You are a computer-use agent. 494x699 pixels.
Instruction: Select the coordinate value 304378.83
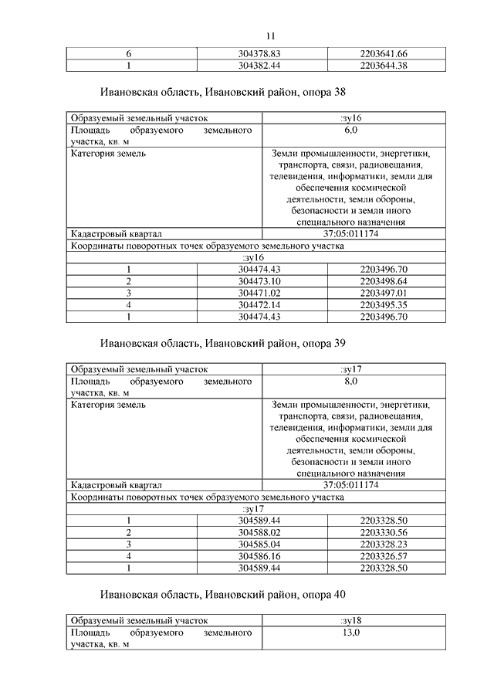[x=259, y=53]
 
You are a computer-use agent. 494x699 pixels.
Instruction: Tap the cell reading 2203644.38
[x=383, y=66]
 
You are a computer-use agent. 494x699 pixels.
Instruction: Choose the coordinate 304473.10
[x=259, y=280]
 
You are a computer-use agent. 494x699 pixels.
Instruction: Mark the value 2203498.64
[x=383, y=280]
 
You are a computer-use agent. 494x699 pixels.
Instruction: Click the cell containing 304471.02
[x=259, y=293]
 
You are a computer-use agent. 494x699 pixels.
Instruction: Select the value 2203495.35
[x=383, y=305]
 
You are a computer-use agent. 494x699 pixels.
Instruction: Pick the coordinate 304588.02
[x=259, y=532]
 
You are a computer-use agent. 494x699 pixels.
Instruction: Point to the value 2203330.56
[x=383, y=532]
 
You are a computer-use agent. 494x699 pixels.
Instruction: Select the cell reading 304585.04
[x=259, y=544]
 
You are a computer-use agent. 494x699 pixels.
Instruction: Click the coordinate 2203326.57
[x=383, y=556]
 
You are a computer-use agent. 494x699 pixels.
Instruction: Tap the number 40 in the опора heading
[x=337, y=595]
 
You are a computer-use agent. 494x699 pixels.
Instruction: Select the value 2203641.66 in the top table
[x=383, y=53]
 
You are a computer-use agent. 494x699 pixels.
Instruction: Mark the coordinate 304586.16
[x=259, y=556]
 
